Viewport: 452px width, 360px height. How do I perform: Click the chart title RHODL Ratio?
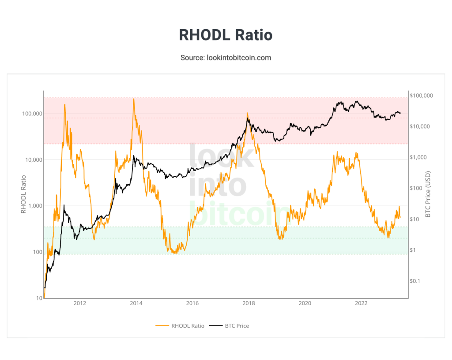(226, 35)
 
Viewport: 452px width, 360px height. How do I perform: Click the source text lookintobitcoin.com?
(226, 57)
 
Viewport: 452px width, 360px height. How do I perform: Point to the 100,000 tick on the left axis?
(31, 114)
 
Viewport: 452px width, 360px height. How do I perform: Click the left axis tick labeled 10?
(39, 298)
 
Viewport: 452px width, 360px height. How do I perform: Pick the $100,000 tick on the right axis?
(421, 95)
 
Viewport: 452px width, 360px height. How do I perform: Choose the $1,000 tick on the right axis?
(418, 157)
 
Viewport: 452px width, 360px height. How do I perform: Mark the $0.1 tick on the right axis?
(416, 281)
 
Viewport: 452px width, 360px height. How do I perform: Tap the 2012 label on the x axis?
(80, 303)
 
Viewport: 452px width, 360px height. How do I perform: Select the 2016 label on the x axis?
(192, 303)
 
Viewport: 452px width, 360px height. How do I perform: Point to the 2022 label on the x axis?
(361, 303)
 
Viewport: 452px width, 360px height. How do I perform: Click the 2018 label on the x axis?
(249, 303)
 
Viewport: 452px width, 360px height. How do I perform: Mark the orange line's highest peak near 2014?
(133, 99)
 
